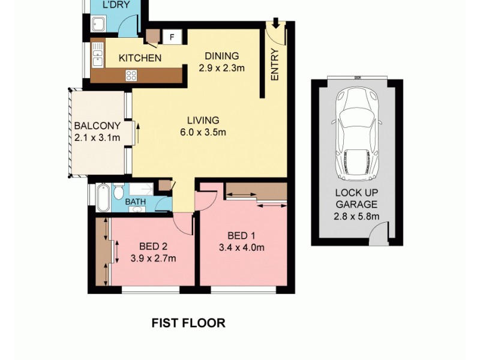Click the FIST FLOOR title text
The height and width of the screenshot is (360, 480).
coord(188,323)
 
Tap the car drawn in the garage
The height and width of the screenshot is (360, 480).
coord(358,136)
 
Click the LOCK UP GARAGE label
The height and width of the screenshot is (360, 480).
coord(357,199)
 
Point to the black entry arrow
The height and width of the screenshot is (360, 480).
coord(275,23)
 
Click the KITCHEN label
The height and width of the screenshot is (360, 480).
coord(139,58)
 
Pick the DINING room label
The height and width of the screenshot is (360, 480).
coord(222,56)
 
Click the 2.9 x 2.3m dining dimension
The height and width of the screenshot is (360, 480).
coord(222,68)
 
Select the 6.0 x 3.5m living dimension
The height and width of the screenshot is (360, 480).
coord(202,133)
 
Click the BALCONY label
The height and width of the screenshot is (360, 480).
coord(97,126)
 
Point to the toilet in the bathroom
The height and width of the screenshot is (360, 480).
coord(119,192)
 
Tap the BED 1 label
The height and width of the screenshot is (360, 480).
coord(243,235)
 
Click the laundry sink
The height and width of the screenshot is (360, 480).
coord(98,25)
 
